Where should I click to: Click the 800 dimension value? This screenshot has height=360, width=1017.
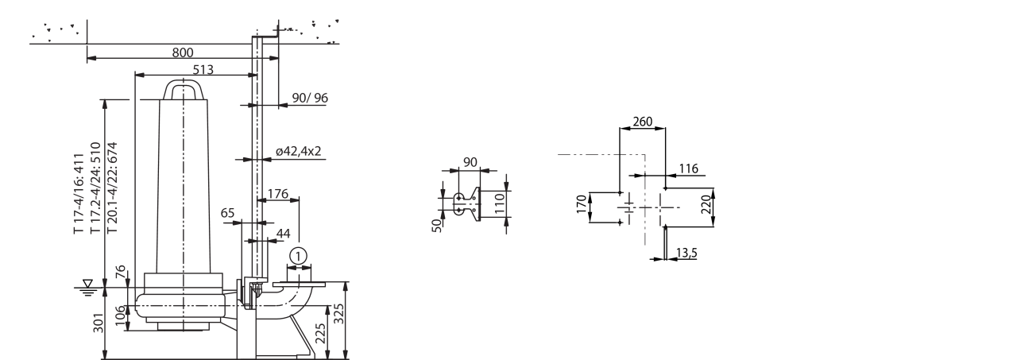183,52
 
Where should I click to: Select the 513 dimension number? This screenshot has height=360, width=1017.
203,70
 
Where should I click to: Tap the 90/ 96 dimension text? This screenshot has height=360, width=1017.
310,98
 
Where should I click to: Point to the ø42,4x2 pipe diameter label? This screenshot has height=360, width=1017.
298,151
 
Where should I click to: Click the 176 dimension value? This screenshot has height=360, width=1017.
278,194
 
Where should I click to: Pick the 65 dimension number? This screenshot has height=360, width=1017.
227,213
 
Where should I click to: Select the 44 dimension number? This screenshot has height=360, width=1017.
284,234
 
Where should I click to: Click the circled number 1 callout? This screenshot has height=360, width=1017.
298,257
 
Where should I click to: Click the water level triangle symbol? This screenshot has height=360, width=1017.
88,283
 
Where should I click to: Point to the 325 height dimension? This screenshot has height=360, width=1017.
339,314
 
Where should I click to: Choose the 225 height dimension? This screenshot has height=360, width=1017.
320,333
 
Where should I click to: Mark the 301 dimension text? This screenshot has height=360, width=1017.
99,323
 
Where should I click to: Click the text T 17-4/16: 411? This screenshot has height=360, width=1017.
79,194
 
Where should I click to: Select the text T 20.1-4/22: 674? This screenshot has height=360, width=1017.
112,188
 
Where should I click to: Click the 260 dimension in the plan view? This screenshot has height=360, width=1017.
643,122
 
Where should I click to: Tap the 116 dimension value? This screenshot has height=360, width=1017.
688,169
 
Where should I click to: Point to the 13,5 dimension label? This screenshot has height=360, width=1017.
686,253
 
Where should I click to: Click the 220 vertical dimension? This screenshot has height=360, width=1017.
706,205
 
